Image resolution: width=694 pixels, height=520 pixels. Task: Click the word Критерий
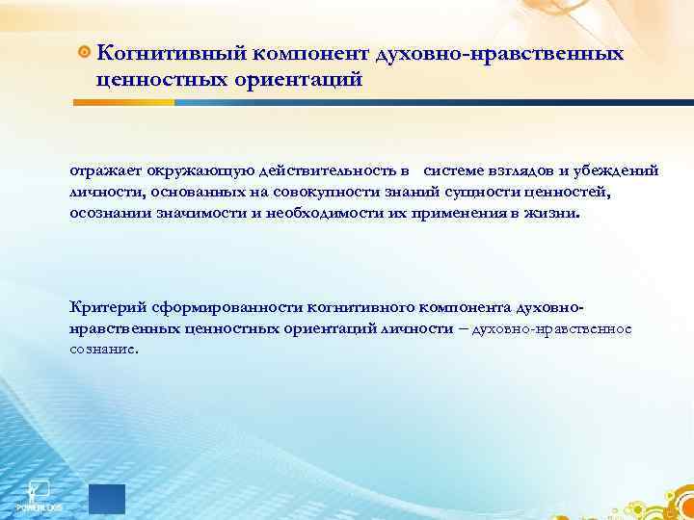(104, 306)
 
